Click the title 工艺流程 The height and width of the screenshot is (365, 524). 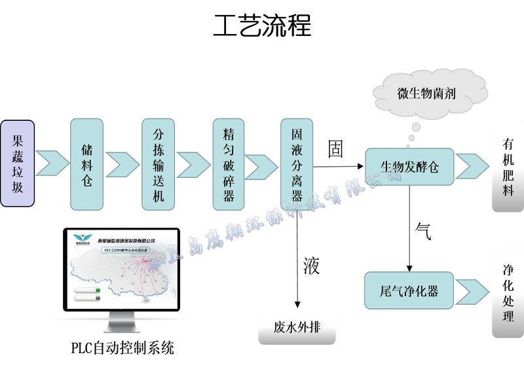(262, 26)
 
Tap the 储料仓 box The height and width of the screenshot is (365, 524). (87, 164)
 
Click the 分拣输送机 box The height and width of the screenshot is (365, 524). (159, 164)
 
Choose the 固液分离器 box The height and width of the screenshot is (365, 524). (297, 164)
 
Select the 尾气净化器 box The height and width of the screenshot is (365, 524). (409, 290)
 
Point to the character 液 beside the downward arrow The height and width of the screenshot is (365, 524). (312, 265)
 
